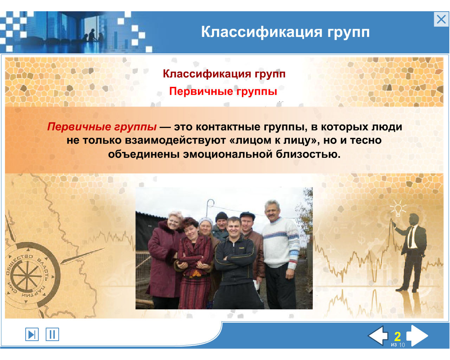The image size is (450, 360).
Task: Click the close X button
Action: [x=441, y=19]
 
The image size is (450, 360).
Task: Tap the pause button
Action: [x=52, y=334]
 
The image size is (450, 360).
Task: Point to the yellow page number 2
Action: [x=398, y=336]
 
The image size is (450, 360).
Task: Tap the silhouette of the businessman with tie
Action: [x=410, y=252]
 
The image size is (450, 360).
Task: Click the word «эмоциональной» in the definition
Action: [x=228, y=154]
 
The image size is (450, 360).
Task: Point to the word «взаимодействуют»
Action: [x=175, y=140]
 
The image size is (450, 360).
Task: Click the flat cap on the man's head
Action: [x=247, y=215]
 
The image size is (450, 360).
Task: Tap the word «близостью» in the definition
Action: [x=308, y=154]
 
